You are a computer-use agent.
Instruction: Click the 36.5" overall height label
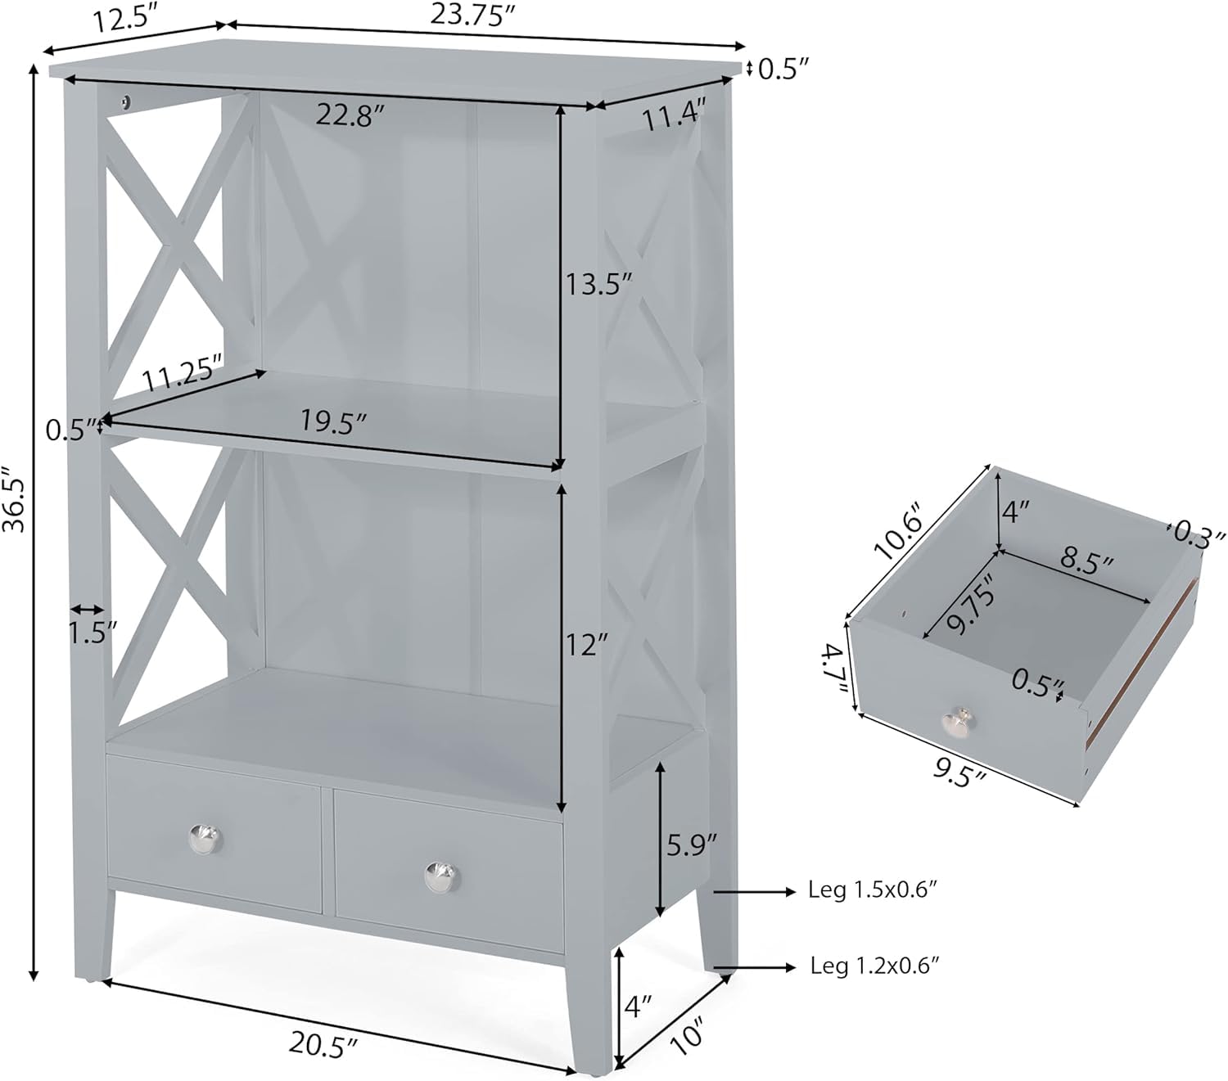(13, 498)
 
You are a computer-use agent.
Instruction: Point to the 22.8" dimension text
(351, 114)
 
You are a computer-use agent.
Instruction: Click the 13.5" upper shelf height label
(598, 283)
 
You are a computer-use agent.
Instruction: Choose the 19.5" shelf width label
(333, 421)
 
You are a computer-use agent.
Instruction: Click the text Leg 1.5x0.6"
(872, 890)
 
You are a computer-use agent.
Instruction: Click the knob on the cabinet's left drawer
(205, 839)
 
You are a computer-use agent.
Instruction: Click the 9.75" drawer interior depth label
(972, 604)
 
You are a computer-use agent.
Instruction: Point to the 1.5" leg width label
(93, 634)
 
